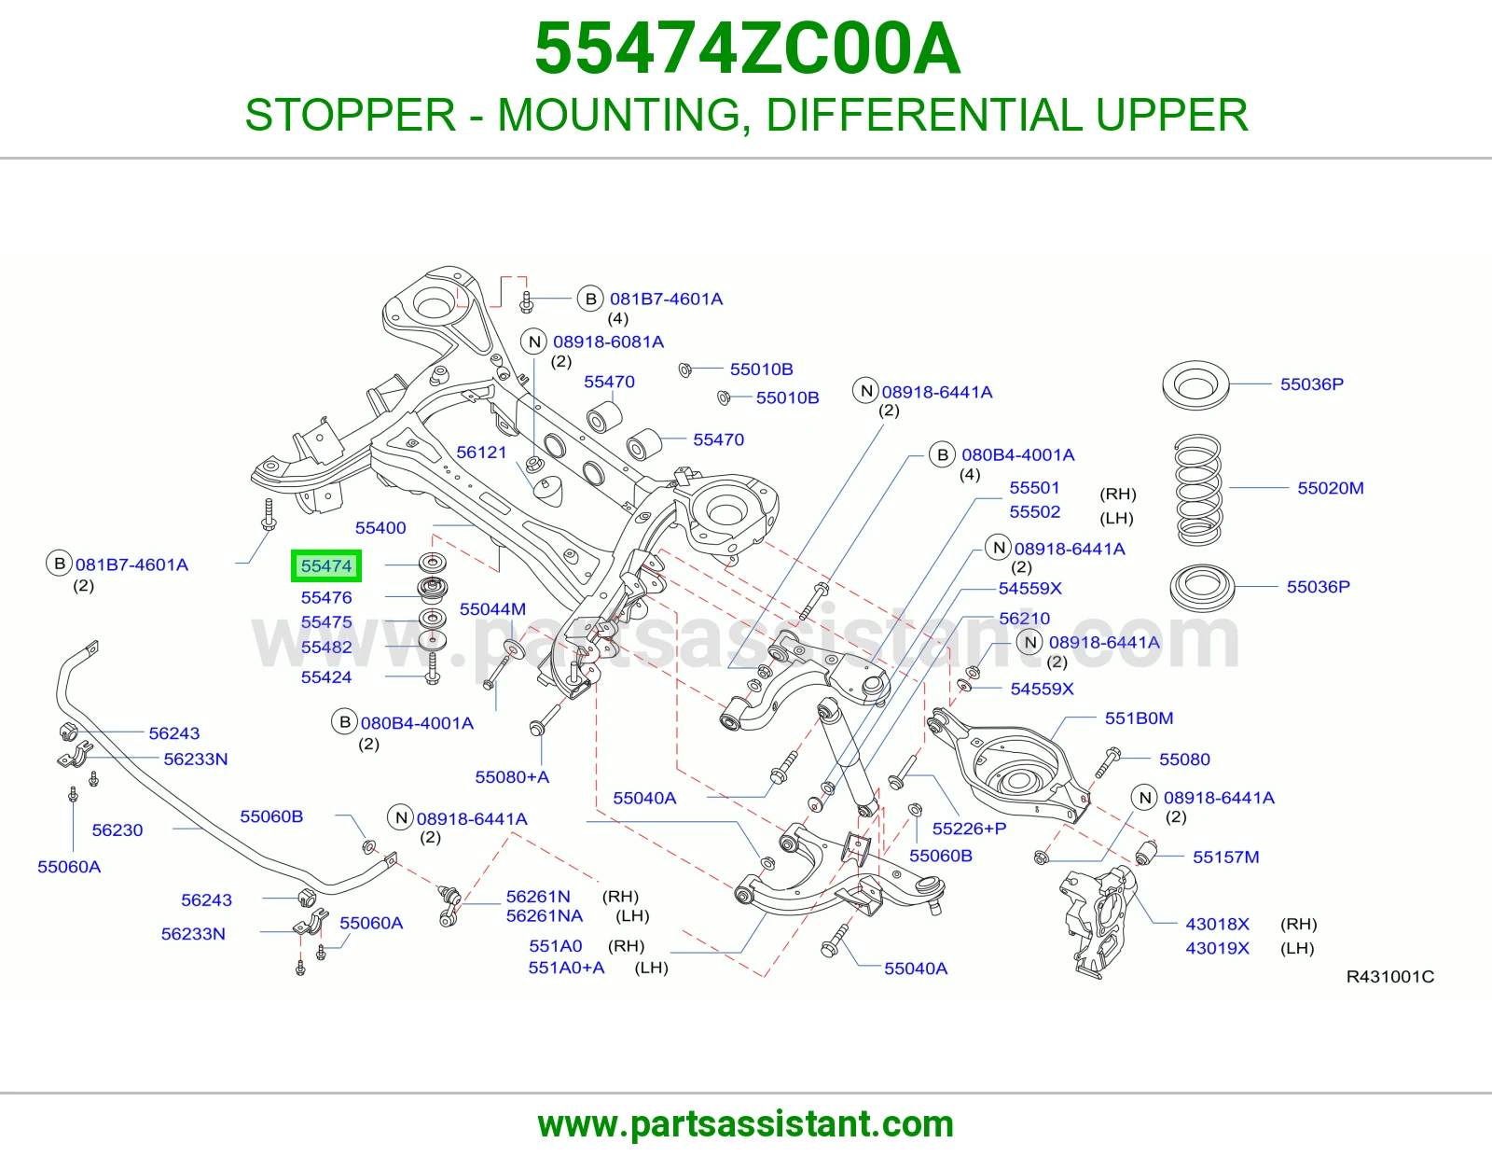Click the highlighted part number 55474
pyautogui.click(x=326, y=566)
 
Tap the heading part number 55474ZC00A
pyautogui.click(x=747, y=49)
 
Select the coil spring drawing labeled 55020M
pyautogui.click(x=1198, y=489)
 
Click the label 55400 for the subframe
pyautogui.click(x=380, y=528)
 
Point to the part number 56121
pyautogui.click(x=481, y=453)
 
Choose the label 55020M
pyautogui.click(x=1331, y=488)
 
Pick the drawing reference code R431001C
pyautogui.click(x=1390, y=976)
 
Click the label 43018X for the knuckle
pyautogui.click(x=1217, y=924)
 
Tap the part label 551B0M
pyautogui.click(x=1140, y=718)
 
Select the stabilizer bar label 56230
pyautogui.click(x=117, y=830)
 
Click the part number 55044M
pyautogui.click(x=493, y=608)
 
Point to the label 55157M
pyautogui.click(x=1226, y=857)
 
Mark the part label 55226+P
pyautogui.click(x=969, y=828)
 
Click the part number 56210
pyautogui.click(x=1025, y=619)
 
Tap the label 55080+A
pyautogui.click(x=512, y=777)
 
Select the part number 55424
pyautogui.click(x=326, y=676)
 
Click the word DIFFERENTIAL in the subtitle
pyautogui.click(x=923, y=115)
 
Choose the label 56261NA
pyautogui.click(x=545, y=916)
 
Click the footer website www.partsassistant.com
pyautogui.click(x=746, y=1124)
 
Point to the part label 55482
pyautogui.click(x=326, y=647)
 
